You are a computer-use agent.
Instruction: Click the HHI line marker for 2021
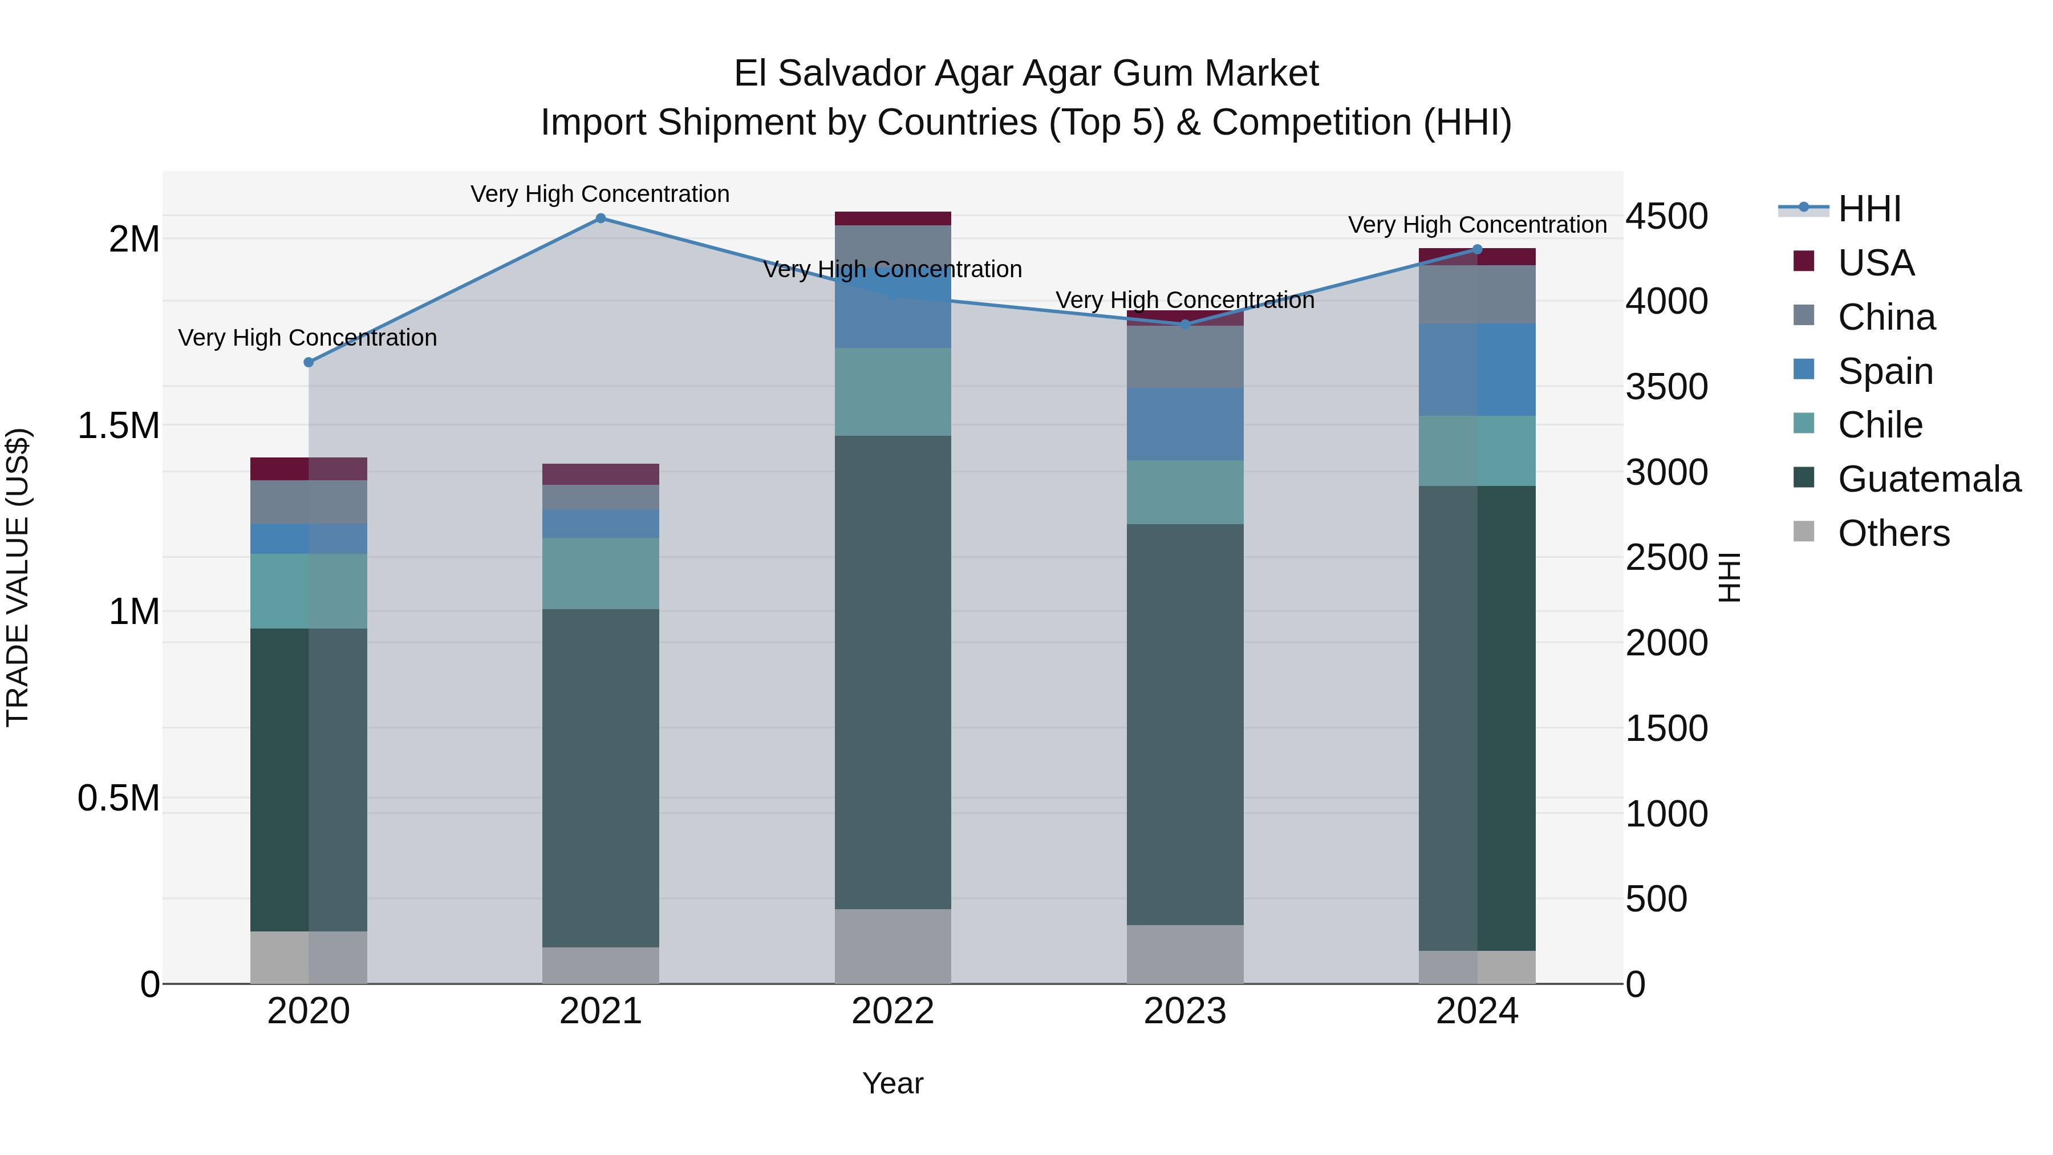point(601,218)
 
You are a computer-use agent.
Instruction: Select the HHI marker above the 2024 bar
point(1477,249)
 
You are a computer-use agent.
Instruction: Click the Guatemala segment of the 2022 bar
point(892,672)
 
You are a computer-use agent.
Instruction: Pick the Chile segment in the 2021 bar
point(601,574)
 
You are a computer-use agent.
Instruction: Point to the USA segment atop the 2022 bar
point(892,218)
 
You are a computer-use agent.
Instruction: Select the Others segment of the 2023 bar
point(1184,954)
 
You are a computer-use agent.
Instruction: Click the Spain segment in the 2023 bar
point(1184,424)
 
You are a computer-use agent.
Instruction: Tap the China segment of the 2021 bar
point(601,497)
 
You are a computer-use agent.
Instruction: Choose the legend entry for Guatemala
point(1929,479)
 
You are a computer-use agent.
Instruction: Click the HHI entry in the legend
point(1869,209)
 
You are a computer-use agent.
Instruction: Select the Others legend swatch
point(1804,532)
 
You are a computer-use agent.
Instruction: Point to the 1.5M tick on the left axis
point(118,425)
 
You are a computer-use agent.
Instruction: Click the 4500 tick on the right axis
point(1666,216)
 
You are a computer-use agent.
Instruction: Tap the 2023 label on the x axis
point(1184,1011)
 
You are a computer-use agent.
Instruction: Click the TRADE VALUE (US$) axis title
point(18,577)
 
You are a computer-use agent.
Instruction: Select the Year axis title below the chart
point(892,1083)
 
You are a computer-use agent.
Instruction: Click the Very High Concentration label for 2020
point(307,338)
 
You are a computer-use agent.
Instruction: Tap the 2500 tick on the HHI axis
point(1666,557)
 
